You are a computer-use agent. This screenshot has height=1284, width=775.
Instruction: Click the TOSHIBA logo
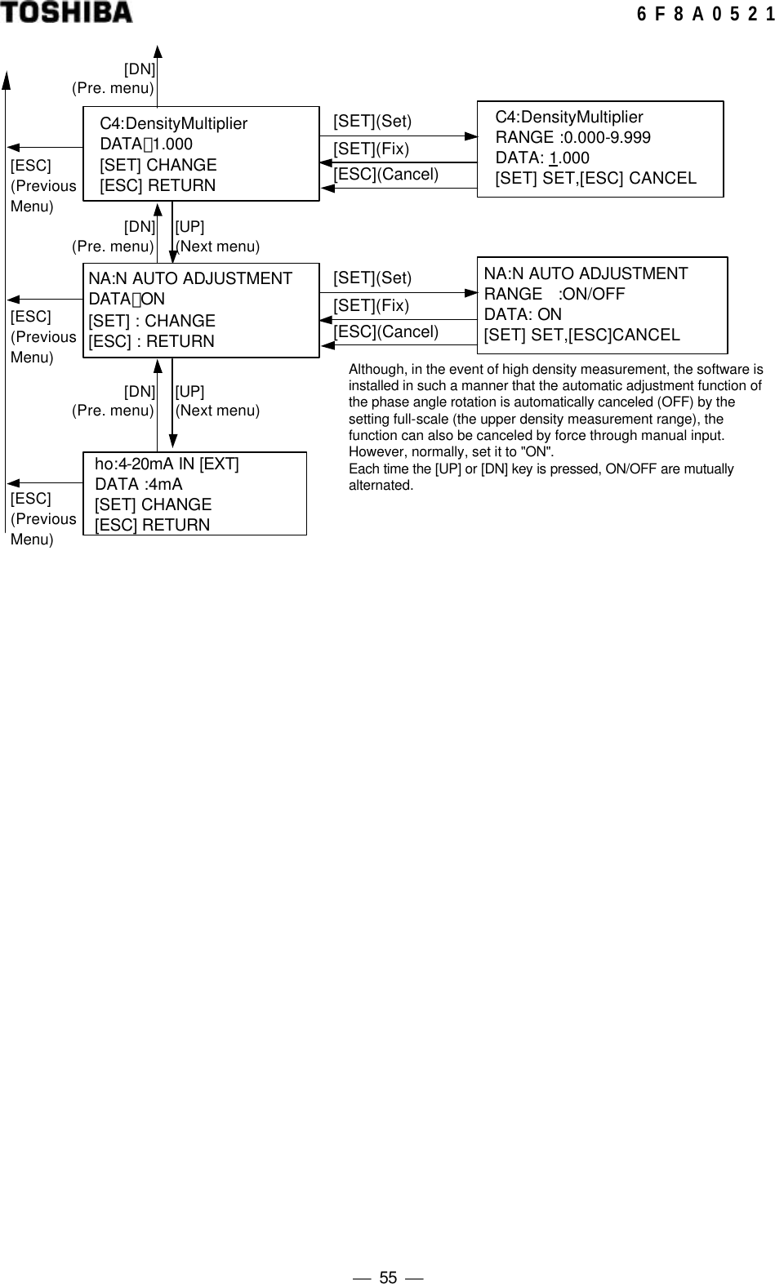coord(66,13)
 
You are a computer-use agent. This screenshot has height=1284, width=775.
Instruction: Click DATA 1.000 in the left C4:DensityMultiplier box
coord(146,144)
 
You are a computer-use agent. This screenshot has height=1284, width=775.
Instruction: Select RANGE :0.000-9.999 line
coord(572,137)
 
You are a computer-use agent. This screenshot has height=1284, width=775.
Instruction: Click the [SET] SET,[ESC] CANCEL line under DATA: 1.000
coord(595,178)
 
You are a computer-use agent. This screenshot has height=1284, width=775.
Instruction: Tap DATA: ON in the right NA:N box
coord(523,314)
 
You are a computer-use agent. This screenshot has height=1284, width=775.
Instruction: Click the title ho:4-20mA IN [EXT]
coord(167,464)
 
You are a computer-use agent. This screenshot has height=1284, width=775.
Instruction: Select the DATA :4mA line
coord(139,484)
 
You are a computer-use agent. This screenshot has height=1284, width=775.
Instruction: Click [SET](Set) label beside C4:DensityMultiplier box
coord(372,122)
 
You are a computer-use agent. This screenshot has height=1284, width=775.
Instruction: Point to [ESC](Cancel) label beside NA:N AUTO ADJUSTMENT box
coord(385,331)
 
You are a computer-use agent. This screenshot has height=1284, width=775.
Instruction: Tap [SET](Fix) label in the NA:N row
coord(371,305)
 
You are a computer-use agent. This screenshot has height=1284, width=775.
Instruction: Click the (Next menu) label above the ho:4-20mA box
coord(217,411)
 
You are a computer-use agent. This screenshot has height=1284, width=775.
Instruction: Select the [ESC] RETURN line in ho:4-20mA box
coord(152,525)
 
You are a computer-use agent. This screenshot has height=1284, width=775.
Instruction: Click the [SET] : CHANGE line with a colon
coord(152,321)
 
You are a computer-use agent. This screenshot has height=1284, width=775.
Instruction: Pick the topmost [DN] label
coord(140,69)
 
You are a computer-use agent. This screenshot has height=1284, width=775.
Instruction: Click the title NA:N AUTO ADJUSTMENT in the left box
coord(189,278)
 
